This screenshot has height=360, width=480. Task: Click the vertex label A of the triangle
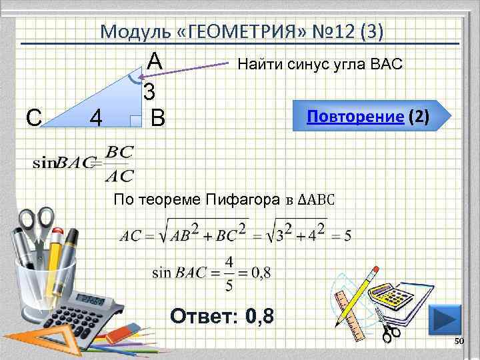(155, 62)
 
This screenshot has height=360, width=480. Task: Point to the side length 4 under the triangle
(96, 119)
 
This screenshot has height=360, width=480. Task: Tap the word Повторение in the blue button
(355, 117)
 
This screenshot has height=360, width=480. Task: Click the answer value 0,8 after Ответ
(259, 315)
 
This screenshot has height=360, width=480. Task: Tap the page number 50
(459, 341)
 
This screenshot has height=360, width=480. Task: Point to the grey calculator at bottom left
(93, 307)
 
